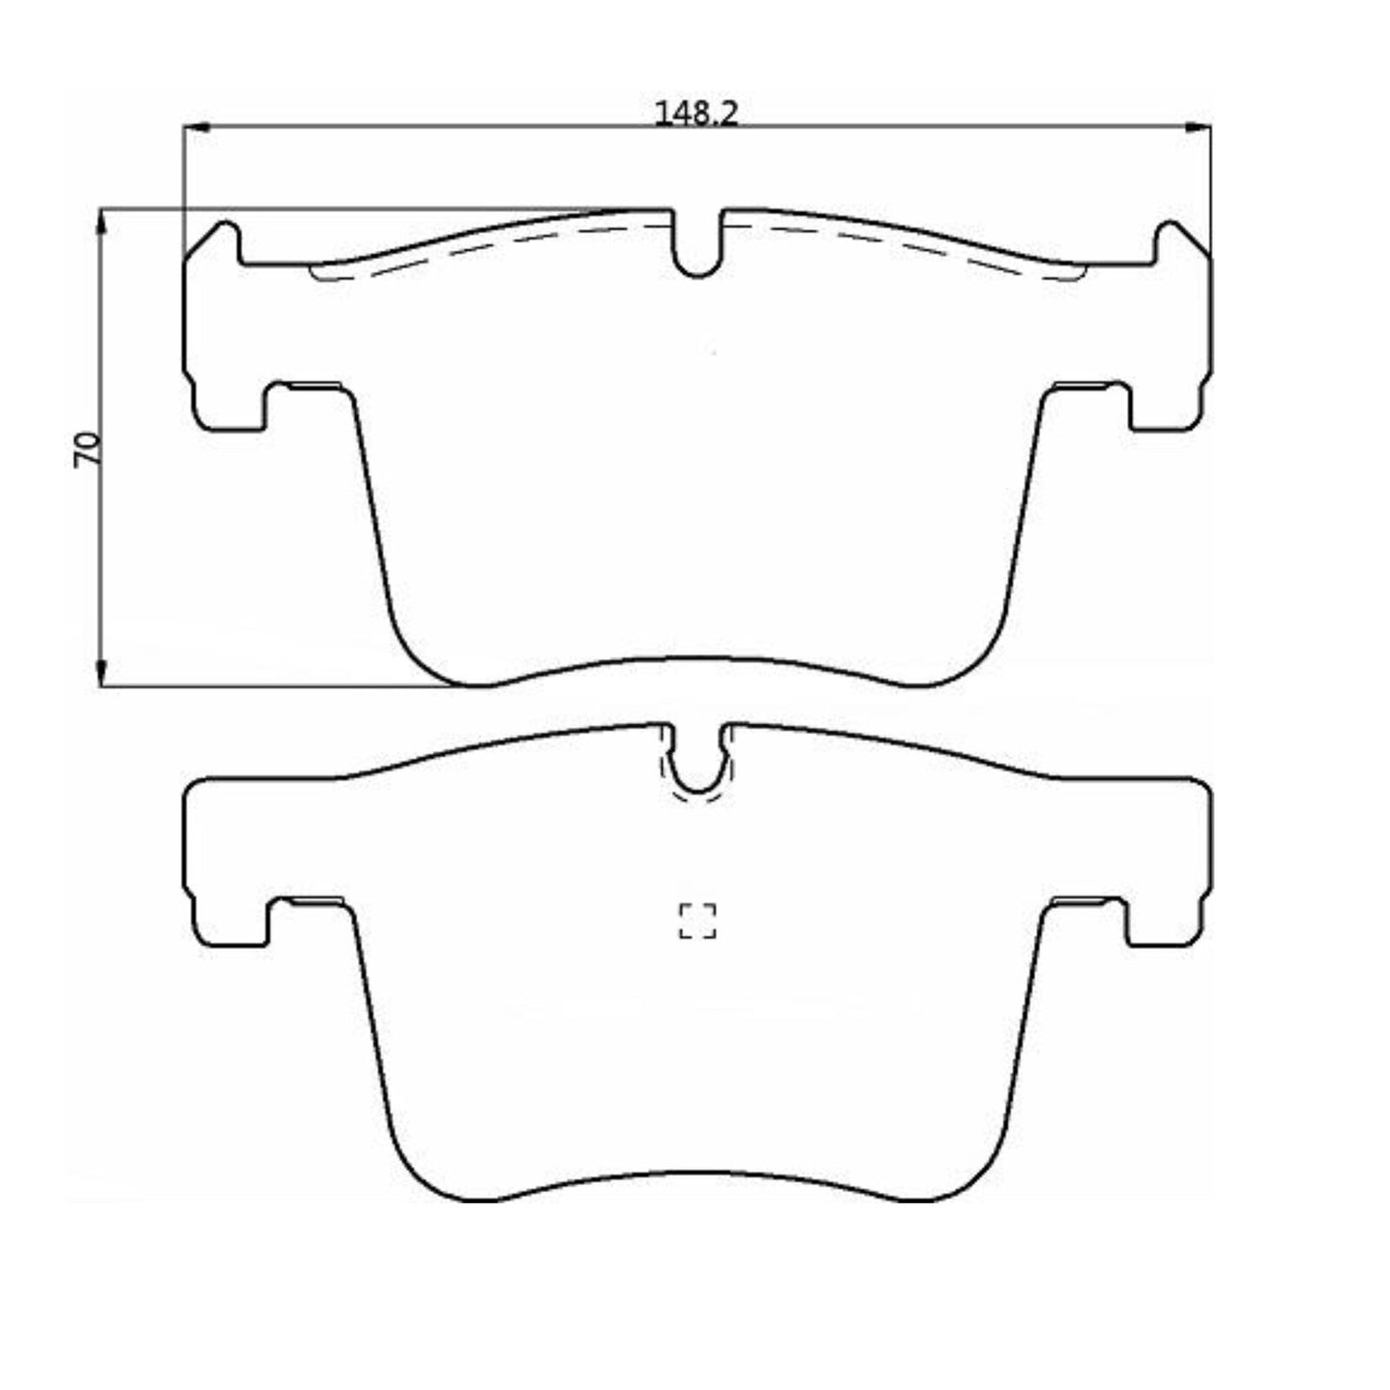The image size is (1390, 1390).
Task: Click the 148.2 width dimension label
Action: pos(695,114)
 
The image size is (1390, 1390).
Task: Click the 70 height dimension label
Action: pos(88,449)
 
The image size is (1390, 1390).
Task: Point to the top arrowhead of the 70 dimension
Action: pos(101,220)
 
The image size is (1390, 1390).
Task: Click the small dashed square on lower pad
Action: pos(697,921)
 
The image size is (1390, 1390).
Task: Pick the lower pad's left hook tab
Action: pos(231,925)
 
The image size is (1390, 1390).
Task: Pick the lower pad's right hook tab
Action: pos(1165,925)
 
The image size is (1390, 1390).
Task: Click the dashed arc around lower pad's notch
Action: pos(697,797)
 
